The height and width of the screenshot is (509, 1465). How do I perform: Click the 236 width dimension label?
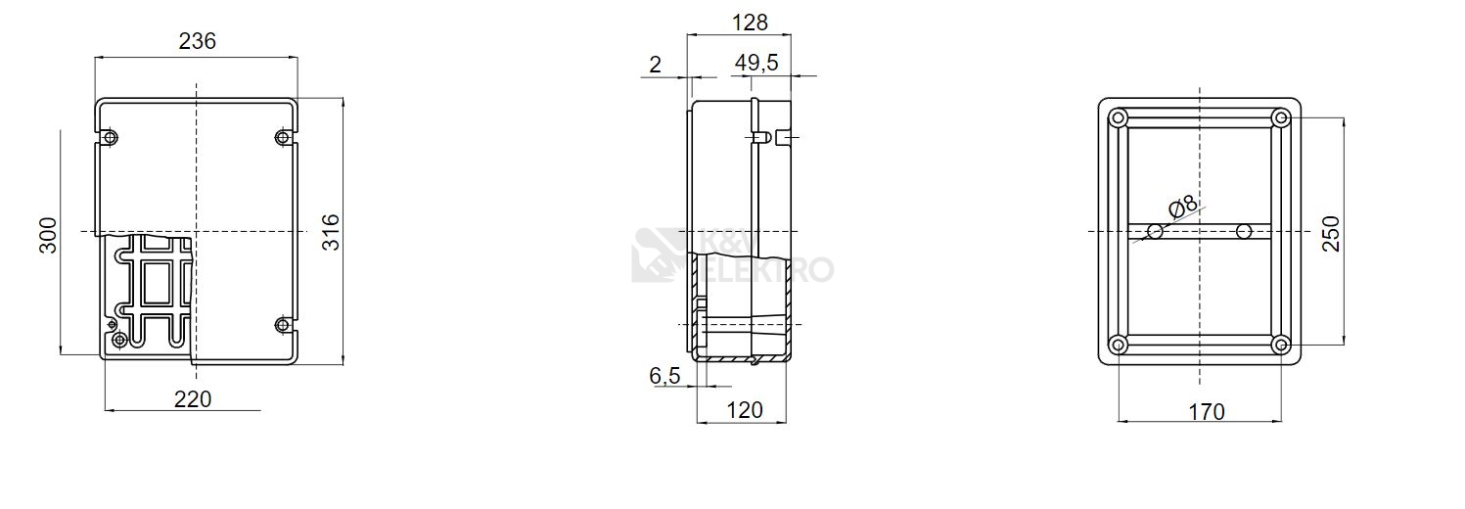point(197,41)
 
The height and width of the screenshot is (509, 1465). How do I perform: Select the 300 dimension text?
point(49,235)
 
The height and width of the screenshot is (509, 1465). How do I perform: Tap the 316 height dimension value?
point(332,232)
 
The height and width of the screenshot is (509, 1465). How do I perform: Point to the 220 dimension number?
point(193,399)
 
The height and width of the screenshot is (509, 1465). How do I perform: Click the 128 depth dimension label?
point(750,23)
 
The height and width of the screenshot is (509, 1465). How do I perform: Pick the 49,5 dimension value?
point(756,63)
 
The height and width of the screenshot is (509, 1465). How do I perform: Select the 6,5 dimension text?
point(665,376)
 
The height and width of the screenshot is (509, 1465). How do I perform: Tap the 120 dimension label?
point(745,410)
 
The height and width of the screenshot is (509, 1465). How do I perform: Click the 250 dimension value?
point(1331,234)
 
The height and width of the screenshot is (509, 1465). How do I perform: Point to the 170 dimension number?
point(1206,411)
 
